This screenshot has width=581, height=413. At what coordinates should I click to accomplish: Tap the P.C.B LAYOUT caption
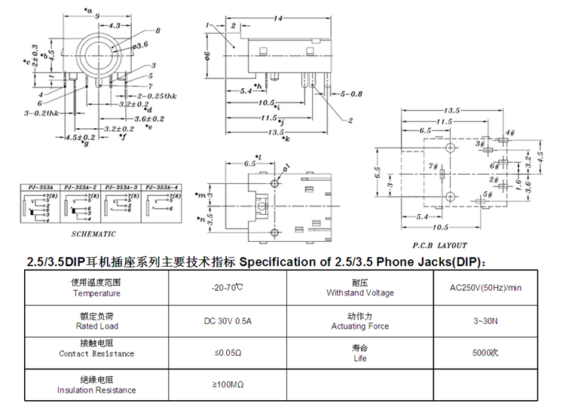pos(439,245)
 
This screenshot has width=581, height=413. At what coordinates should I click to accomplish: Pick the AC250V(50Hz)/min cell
pos(485,288)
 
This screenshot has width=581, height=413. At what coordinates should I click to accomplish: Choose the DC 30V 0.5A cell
pos(228,322)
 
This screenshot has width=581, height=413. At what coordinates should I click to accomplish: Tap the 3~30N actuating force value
pos(485,322)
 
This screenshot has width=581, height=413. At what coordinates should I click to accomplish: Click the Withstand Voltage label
pos(359,292)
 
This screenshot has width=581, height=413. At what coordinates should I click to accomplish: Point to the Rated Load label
pos(97,326)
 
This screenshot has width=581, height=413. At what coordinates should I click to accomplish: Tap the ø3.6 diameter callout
pos(139,46)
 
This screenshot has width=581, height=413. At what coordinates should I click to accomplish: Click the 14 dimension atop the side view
pos(277,17)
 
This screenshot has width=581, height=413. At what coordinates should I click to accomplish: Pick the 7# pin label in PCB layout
pos(433,165)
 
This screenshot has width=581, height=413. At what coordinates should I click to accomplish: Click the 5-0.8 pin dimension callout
pos(351,94)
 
